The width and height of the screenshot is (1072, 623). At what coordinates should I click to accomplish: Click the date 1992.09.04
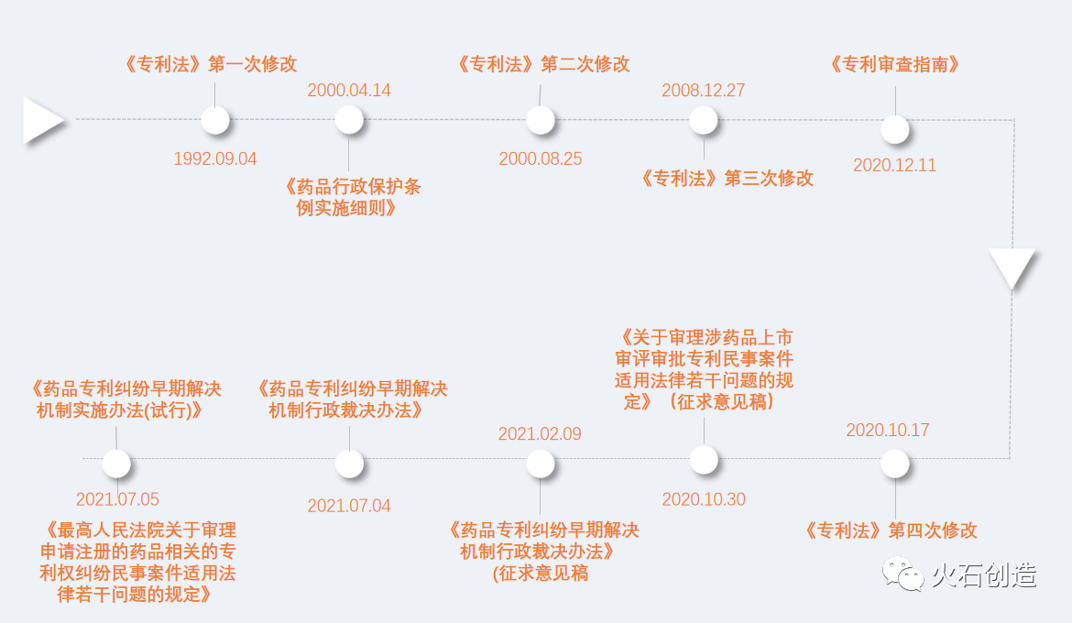215,158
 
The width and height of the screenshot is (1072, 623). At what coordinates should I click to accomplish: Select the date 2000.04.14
349,90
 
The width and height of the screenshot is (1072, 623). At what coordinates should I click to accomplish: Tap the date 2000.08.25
541,158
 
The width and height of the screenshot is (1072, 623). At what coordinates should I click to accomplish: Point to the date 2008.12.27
704,90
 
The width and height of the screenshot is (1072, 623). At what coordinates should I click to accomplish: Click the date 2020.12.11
895,166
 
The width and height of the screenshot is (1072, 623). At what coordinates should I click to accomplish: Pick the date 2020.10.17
888,430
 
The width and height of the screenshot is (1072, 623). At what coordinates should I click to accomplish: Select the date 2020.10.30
704,499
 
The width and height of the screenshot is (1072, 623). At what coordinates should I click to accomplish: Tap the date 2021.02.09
540,434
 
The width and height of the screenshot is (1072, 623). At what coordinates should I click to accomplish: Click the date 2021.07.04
349,506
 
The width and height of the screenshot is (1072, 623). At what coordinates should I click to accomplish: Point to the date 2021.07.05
117,499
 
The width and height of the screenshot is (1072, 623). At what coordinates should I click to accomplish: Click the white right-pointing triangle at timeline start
41,120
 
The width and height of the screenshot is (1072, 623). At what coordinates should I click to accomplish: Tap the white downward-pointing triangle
1012,268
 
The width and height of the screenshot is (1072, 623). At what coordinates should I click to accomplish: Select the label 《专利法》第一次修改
210,64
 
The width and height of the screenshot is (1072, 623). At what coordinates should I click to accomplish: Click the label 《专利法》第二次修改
542,64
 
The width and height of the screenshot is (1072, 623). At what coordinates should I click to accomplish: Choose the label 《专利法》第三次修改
727,179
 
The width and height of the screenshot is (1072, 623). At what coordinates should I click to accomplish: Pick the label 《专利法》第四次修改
891,530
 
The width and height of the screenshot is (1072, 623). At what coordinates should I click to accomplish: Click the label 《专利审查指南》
894,64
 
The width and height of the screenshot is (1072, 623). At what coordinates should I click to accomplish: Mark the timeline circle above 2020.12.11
895,129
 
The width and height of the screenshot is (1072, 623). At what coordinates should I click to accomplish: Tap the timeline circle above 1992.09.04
215,120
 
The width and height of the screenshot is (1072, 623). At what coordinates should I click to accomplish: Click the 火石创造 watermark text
983,575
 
